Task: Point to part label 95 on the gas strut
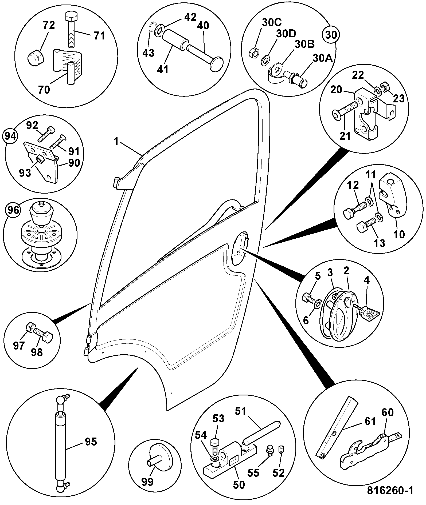point(91,442)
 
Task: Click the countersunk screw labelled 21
point(345,111)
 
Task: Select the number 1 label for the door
point(116,141)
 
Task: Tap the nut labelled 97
point(30,327)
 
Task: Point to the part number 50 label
point(239,484)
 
